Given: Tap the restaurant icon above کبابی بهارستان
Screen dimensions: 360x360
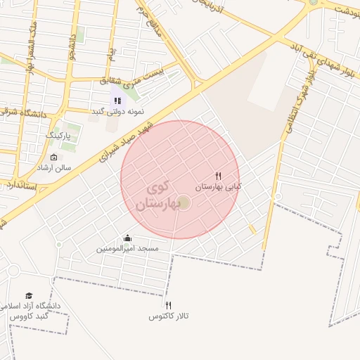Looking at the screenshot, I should click(219, 176).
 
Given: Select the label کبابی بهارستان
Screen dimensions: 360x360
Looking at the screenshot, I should click(218, 187).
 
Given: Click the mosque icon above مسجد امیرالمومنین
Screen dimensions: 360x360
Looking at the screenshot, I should click(127, 238).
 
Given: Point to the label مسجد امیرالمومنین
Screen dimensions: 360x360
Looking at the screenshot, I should click(128, 249).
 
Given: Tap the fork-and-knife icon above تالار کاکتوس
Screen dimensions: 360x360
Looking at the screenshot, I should click(168, 305).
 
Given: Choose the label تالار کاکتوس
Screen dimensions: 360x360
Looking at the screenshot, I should click(169, 316).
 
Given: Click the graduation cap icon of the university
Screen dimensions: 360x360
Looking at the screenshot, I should click(29, 296).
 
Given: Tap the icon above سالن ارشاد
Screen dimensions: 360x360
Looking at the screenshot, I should click(55, 157).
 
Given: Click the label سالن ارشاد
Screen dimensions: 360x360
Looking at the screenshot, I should click(54, 168).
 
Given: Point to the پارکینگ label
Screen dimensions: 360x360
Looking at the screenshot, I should click(59, 134).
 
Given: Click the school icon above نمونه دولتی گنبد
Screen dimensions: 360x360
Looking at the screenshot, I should click(117, 101).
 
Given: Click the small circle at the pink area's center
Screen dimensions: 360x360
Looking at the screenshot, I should click(184, 203).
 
